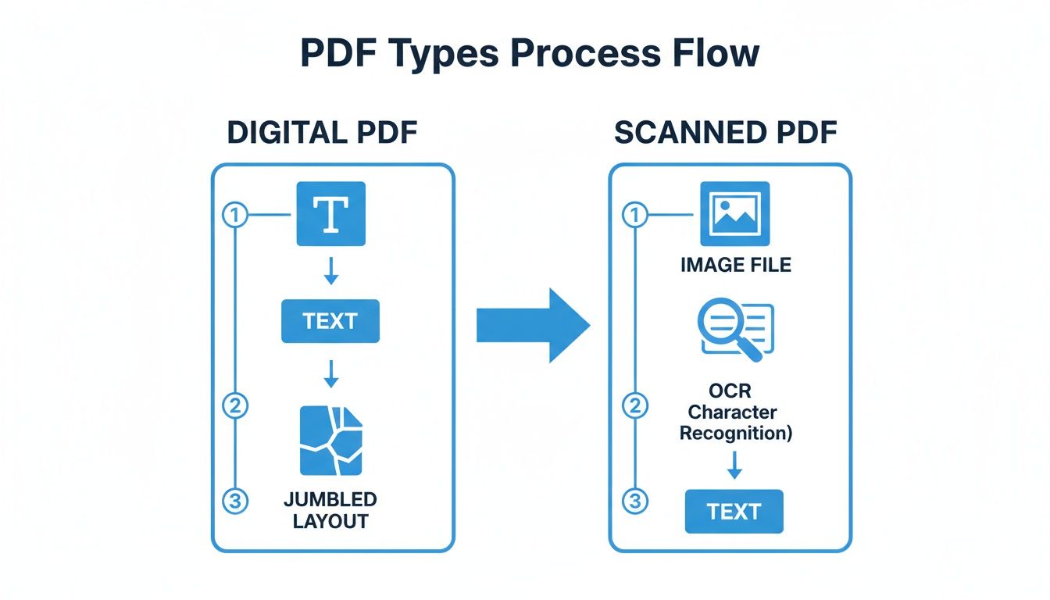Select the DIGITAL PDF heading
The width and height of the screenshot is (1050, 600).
(322, 133)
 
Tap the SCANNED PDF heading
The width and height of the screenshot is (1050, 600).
(725, 133)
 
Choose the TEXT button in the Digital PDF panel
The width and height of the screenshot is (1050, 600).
(330, 321)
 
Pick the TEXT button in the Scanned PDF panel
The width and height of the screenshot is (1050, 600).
(734, 512)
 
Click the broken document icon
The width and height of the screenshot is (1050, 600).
(331, 440)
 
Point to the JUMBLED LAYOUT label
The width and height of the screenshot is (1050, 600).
(330, 509)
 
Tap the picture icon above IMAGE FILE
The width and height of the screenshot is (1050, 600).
(734, 214)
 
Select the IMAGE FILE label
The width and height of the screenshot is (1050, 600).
(735, 266)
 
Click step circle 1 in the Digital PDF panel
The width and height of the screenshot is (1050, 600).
(234, 214)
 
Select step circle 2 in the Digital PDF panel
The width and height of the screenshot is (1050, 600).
(234, 405)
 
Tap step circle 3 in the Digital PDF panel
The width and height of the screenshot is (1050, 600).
(234, 501)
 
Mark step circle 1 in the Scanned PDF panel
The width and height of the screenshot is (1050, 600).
(635, 214)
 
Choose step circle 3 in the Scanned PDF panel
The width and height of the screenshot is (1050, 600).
(635, 501)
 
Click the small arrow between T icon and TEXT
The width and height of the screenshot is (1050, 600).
(330, 271)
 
